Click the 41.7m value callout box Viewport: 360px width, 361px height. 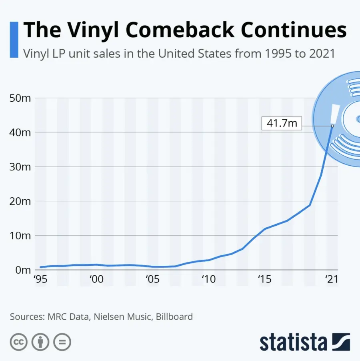pyautogui.click(x=282, y=123)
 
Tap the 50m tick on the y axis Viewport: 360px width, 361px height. pyautogui.click(x=20, y=98)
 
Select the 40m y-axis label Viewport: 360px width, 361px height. pyautogui.click(x=20, y=132)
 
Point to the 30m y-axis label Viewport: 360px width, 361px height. pyautogui.click(x=20, y=167)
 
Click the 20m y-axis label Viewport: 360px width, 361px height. pyautogui.click(x=20, y=201)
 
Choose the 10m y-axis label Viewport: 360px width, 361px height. pyautogui.click(x=20, y=235)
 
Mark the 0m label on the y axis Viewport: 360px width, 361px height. pyautogui.click(x=22, y=270)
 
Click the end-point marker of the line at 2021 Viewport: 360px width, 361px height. pyautogui.click(x=332, y=126)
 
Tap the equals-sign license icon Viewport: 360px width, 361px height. pyautogui.click(x=62, y=343)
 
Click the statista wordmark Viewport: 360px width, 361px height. pyautogui.click(x=293, y=343)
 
